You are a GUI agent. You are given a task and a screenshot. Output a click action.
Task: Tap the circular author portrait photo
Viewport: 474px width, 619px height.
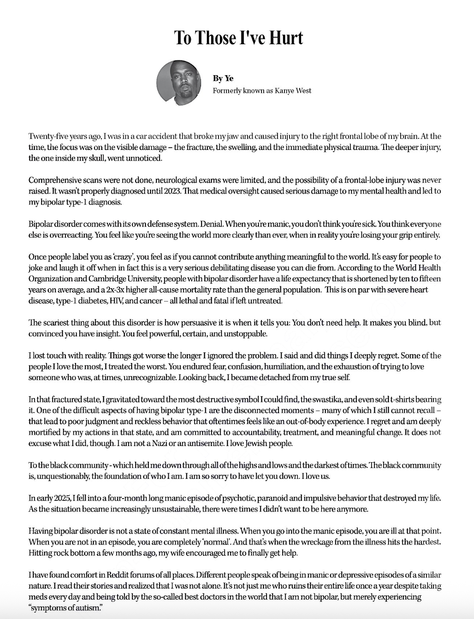click(x=179, y=83)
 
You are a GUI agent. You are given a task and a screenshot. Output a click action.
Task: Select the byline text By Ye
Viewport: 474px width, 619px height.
click(x=223, y=78)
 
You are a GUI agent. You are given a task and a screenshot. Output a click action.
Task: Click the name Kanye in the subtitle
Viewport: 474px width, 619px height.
click(x=285, y=91)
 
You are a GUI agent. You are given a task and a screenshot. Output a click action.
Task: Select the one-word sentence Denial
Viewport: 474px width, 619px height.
click(x=212, y=224)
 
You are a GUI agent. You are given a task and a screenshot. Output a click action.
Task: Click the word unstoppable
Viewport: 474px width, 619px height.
click(x=245, y=334)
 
